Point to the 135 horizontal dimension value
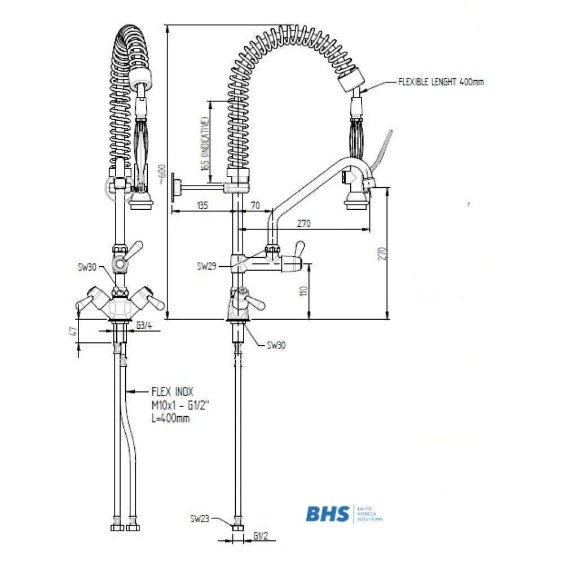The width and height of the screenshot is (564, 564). click(202, 206)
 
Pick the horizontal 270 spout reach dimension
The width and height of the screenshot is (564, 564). click(305, 224)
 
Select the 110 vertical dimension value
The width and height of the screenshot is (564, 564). click(304, 291)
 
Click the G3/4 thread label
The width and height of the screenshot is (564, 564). click(144, 325)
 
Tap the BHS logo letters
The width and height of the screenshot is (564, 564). click(328, 513)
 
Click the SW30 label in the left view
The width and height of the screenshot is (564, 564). click(88, 267)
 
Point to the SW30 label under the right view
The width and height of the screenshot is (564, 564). click(275, 345)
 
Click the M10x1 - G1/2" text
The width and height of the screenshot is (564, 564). click(177, 404)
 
